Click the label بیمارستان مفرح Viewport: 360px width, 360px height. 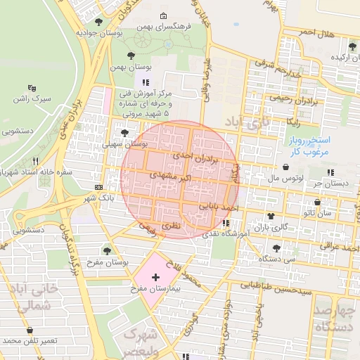[x=146, y=289]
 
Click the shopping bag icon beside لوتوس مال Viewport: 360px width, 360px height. [x=286, y=167]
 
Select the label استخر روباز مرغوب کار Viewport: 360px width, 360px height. [x=314, y=146]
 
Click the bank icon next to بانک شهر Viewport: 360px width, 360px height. [x=98, y=188]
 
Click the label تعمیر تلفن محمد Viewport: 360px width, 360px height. [x=30, y=341]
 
